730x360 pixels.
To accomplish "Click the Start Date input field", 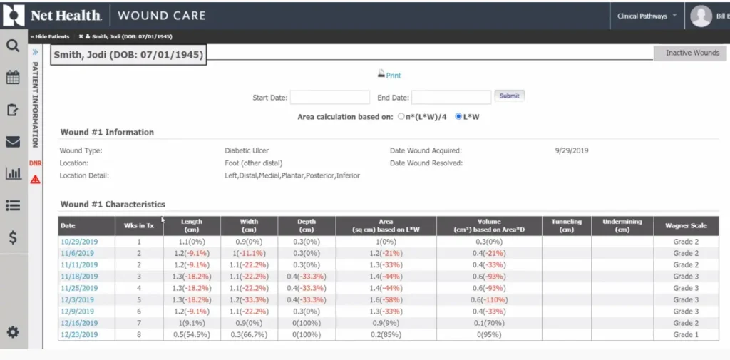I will pos(329,97).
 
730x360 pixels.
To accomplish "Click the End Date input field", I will pos(451,97).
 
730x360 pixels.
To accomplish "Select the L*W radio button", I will pos(458,116).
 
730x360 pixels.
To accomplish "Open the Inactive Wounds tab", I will pos(692,53).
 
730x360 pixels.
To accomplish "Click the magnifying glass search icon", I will pos(13,46).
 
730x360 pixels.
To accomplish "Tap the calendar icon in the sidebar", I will pos(13,78).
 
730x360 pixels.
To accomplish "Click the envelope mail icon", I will pos(13,141).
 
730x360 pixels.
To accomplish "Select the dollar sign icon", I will pos(13,238).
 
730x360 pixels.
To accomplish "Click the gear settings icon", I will pos(13,332).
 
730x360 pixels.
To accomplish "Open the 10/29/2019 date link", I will pos(79,242).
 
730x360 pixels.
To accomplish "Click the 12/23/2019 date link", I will pos(79,334).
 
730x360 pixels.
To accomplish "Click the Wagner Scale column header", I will pos(686,225).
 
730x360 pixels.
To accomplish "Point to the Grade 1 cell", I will pos(686,334).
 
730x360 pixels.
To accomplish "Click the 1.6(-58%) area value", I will pos(386,299).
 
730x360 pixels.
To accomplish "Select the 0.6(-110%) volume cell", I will pos(489,299).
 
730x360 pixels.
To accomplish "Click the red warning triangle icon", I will pos(35,179).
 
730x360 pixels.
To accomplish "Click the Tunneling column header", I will pos(566,225).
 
